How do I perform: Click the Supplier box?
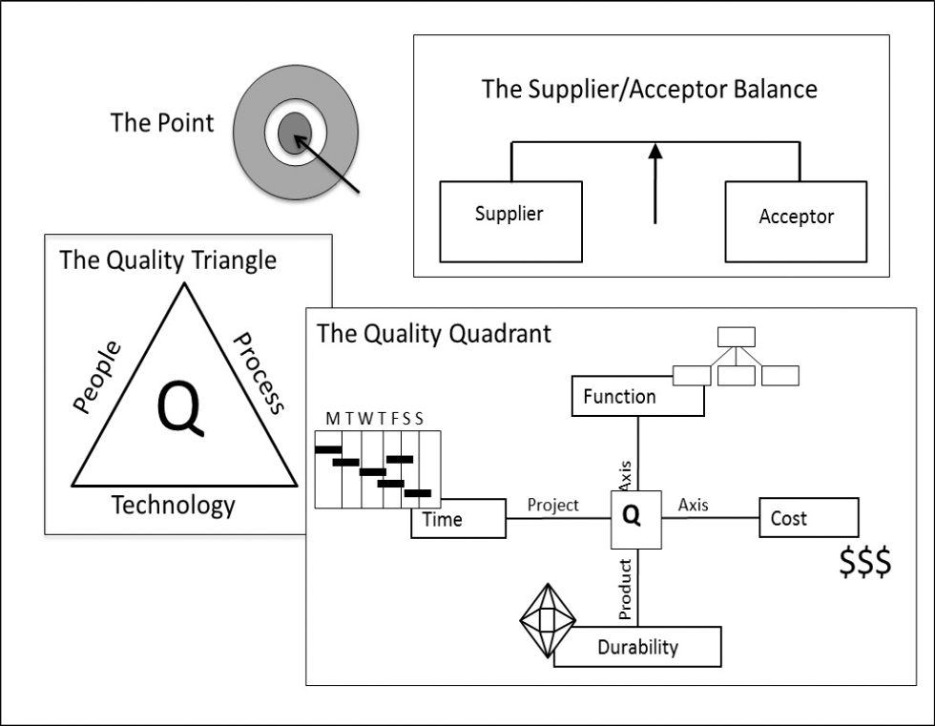[x=510, y=221]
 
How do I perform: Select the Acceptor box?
[x=796, y=221]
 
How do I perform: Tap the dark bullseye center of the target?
[x=295, y=133]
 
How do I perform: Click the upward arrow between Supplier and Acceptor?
[x=655, y=183]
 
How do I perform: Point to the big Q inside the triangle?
[x=180, y=409]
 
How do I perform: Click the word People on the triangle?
[x=97, y=377]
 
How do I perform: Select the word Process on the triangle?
[x=259, y=373]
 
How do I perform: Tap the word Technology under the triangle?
[x=174, y=506]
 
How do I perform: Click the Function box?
[x=637, y=396]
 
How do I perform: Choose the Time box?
[x=458, y=519]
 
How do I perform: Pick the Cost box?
[x=809, y=517]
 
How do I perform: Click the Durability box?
[x=637, y=647]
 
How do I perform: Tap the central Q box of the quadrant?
[x=635, y=520]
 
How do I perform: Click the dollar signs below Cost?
[x=865, y=562]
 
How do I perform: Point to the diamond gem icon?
[x=548, y=620]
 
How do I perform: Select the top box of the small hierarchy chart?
[x=737, y=337]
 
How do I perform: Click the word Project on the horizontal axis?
[x=552, y=506]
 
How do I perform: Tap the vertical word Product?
[x=624, y=589]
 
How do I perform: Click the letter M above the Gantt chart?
[x=332, y=419]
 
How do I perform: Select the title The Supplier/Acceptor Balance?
[x=650, y=90]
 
